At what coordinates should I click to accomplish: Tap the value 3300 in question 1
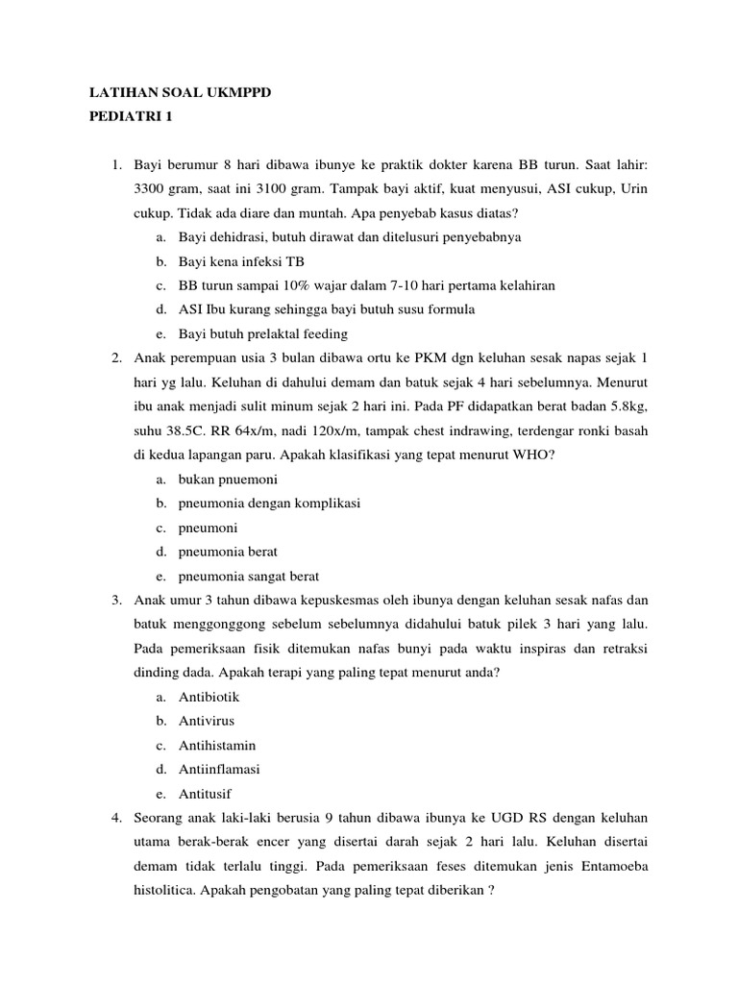pos(150,188)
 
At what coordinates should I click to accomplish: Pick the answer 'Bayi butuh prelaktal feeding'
pos(262,334)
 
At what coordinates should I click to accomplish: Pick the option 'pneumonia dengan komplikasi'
pos(269,503)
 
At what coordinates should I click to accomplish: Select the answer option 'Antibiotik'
pos(210,696)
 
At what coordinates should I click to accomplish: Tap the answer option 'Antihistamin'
pos(217,745)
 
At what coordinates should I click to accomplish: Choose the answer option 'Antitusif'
pos(206,793)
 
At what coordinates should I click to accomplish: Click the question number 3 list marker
pos(115,600)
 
